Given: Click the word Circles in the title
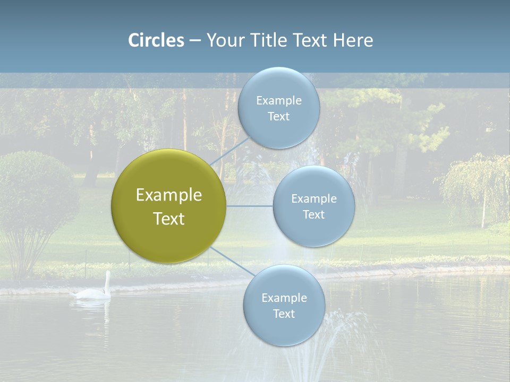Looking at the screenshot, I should pos(156,40).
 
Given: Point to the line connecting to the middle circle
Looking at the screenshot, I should pos(249,206).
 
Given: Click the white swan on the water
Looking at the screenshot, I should pos(93,291).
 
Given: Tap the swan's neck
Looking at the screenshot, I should pos(108,281).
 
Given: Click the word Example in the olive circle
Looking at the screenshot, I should pos(168,195).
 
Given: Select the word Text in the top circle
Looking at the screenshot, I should pos(279,117).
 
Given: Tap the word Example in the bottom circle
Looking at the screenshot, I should pos(284,298).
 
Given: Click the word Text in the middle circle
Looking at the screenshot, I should pos(313,214).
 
